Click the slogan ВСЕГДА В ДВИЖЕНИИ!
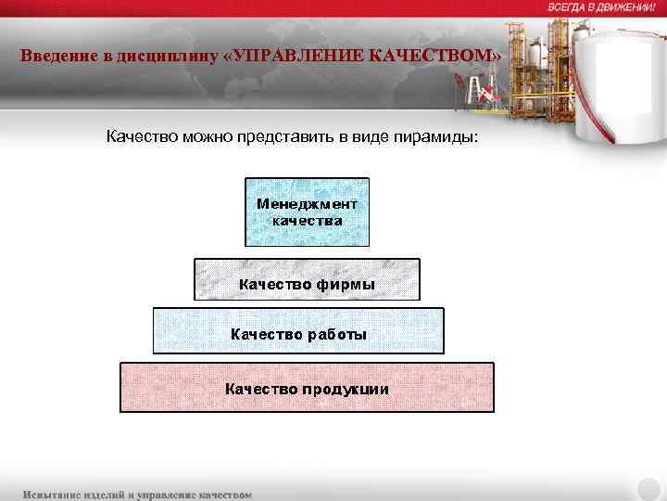pos(601,7)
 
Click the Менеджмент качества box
pos(307,212)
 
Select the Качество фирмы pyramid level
pos(307,279)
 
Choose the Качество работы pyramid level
pos(298,331)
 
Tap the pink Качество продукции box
pos(307,387)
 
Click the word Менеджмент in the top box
pos(307,203)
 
